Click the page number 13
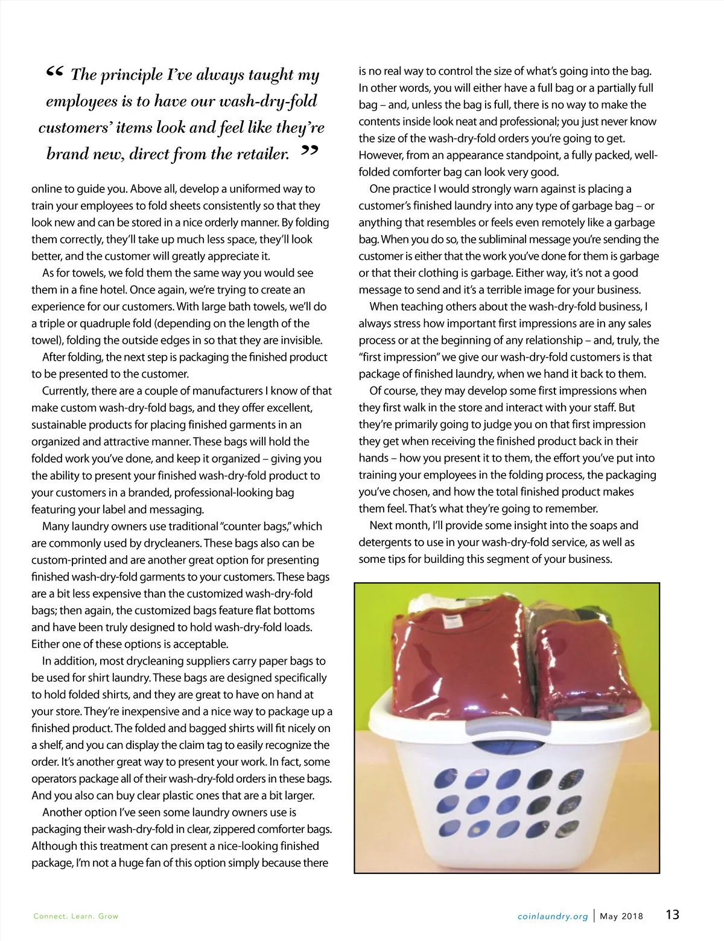[x=672, y=914]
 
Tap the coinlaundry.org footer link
[x=553, y=916]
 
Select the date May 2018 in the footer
[x=621, y=916]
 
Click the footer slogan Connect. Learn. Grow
[x=76, y=916]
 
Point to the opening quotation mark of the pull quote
[x=54, y=74]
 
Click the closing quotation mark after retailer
[x=309, y=150]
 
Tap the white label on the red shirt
[x=452, y=621]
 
